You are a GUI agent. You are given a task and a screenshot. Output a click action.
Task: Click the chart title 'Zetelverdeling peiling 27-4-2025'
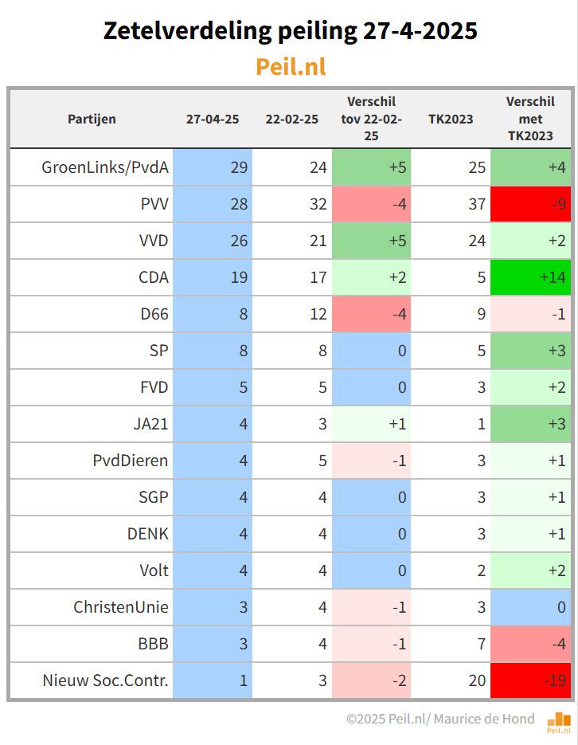coord(290,31)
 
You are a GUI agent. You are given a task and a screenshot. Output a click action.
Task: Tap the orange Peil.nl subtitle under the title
coord(290,66)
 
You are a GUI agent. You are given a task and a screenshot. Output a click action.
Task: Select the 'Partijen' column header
coord(92,119)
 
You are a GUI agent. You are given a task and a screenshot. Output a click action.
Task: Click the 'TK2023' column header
coord(451,119)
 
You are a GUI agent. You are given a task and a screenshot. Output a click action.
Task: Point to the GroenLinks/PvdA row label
coord(105,167)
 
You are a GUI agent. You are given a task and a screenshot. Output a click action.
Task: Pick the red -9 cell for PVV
coord(530,204)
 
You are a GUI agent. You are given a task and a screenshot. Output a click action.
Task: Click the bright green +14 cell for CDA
coord(530,277)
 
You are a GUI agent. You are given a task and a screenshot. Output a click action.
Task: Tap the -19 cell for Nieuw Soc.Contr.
coord(530,680)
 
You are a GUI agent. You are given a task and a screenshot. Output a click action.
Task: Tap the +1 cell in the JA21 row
coord(371,424)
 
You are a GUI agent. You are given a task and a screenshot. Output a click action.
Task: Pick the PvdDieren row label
coord(131,461)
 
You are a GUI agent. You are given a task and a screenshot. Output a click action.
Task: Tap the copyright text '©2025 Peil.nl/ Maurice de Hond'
coord(440,719)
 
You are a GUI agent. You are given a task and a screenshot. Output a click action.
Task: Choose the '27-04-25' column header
coord(212,119)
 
